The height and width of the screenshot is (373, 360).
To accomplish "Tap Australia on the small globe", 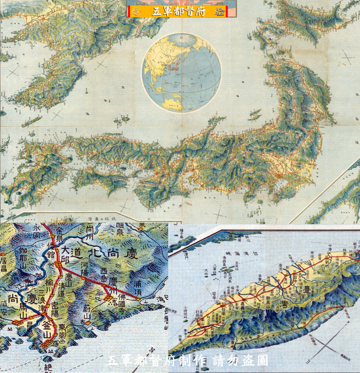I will click(171, 102).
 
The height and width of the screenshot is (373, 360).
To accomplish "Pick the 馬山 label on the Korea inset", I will click(24, 309).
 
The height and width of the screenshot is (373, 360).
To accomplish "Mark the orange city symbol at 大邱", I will click(60, 264).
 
